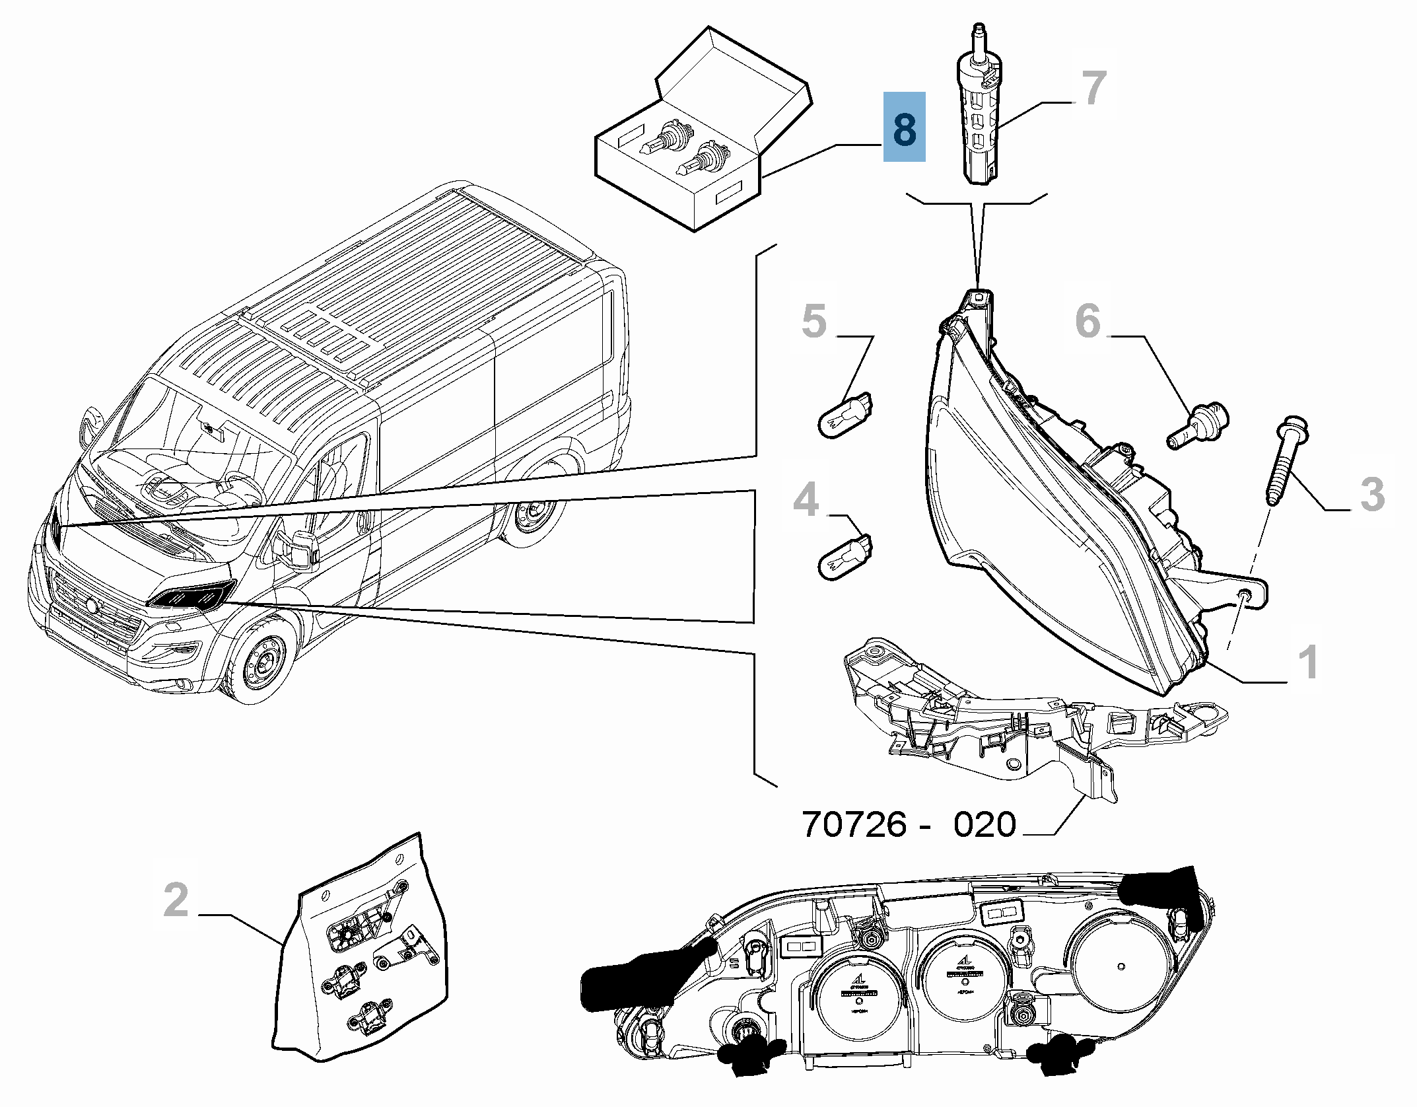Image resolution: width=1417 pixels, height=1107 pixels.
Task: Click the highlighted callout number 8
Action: pos(904,127)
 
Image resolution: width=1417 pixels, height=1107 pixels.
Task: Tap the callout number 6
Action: pos(1088,321)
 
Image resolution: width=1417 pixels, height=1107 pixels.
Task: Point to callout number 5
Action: pos(813,321)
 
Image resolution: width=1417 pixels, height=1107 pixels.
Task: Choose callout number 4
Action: pos(806,500)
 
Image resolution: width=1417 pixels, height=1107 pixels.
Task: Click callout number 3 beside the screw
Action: pos(1372,494)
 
